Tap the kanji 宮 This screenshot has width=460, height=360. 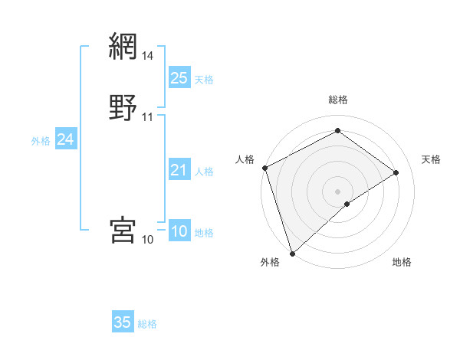click(123, 229)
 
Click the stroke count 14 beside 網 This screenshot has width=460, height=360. click(148, 56)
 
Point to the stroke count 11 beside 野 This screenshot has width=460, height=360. click(148, 117)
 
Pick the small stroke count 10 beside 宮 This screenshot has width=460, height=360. click(148, 240)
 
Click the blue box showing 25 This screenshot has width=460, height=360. click(179, 77)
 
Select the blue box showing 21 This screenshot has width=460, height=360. click(179, 170)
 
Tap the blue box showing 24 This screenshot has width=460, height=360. click(66, 139)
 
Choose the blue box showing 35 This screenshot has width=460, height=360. click(123, 322)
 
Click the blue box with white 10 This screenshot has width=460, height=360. click(179, 231)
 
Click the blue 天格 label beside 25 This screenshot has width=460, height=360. click(204, 80)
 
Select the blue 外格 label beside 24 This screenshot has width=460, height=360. click(41, 141)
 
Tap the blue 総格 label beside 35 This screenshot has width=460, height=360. click(147, 324)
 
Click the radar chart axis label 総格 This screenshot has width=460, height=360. click(337, 100)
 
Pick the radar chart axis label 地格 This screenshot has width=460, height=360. click(402, 262)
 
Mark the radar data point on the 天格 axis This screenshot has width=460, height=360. click(396, 172)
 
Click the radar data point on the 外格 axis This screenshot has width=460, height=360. click(292, 252)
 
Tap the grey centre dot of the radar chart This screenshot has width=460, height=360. click(337, 191)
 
